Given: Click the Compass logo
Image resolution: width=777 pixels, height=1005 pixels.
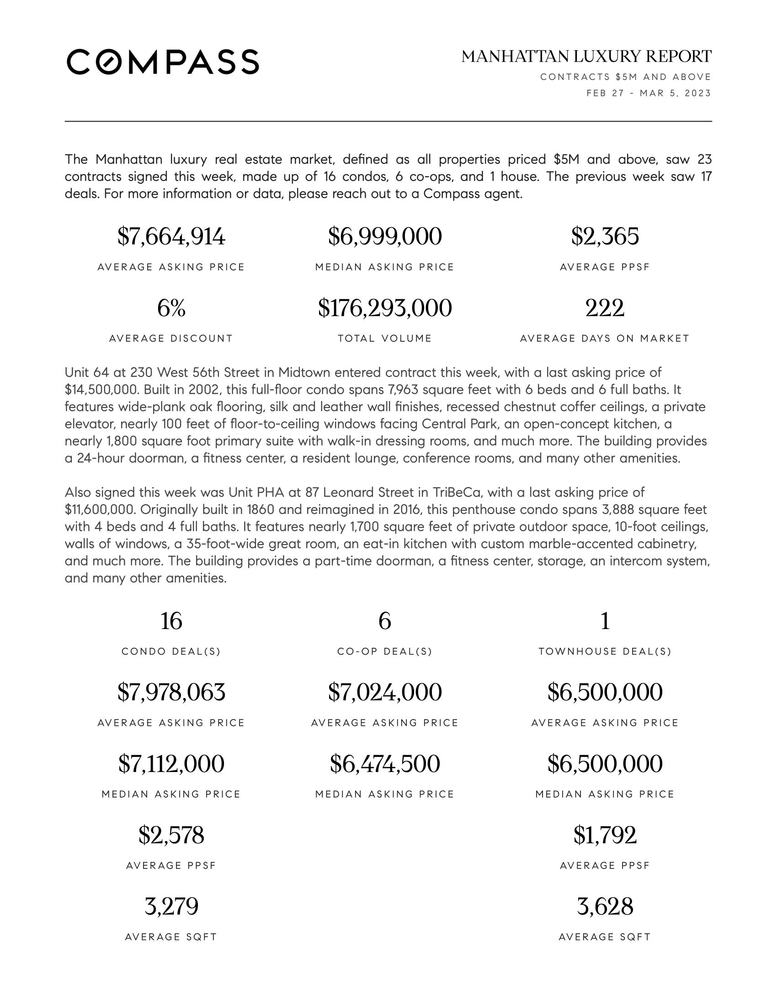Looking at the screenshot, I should point(163,62).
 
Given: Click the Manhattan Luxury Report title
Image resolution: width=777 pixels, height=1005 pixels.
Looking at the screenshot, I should point(586,57).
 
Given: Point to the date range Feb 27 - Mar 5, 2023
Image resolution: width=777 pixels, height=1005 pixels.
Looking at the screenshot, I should point(649,93).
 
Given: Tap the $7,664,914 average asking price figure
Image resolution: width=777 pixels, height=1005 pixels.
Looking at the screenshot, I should point(171,237).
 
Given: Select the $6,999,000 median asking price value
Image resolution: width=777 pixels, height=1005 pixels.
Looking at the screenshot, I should point(385,237).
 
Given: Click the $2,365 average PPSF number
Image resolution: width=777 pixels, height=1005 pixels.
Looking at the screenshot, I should point(605,237).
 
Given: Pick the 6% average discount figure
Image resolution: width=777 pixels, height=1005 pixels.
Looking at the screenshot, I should point(171,308).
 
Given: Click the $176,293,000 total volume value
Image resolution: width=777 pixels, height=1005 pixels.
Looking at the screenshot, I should point(385,308).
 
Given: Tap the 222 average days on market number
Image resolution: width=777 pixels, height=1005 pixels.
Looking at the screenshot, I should point(605,308).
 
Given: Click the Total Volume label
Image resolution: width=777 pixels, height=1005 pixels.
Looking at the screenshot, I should point(385,339).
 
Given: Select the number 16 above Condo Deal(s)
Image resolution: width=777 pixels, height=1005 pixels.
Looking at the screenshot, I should point(171,621).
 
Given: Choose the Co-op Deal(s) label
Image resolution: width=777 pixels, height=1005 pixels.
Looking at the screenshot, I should point(385,651).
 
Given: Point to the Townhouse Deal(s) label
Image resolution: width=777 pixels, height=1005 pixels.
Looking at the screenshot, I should point(605,651).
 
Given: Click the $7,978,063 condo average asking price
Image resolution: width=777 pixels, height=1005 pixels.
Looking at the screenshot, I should point(171,692).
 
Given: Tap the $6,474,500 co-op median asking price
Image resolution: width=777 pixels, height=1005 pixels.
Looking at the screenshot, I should point(385,764).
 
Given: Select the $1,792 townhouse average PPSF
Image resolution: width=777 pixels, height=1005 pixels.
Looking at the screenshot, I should point(605,835).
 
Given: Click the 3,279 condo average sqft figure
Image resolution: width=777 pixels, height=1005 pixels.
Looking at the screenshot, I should point(171,906).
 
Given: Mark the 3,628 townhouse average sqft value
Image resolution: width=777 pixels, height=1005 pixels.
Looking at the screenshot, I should point(605,906).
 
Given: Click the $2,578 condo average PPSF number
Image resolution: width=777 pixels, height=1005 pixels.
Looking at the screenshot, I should point(171,835).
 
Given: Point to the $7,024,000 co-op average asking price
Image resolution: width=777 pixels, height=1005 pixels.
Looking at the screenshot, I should point(385,692).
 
